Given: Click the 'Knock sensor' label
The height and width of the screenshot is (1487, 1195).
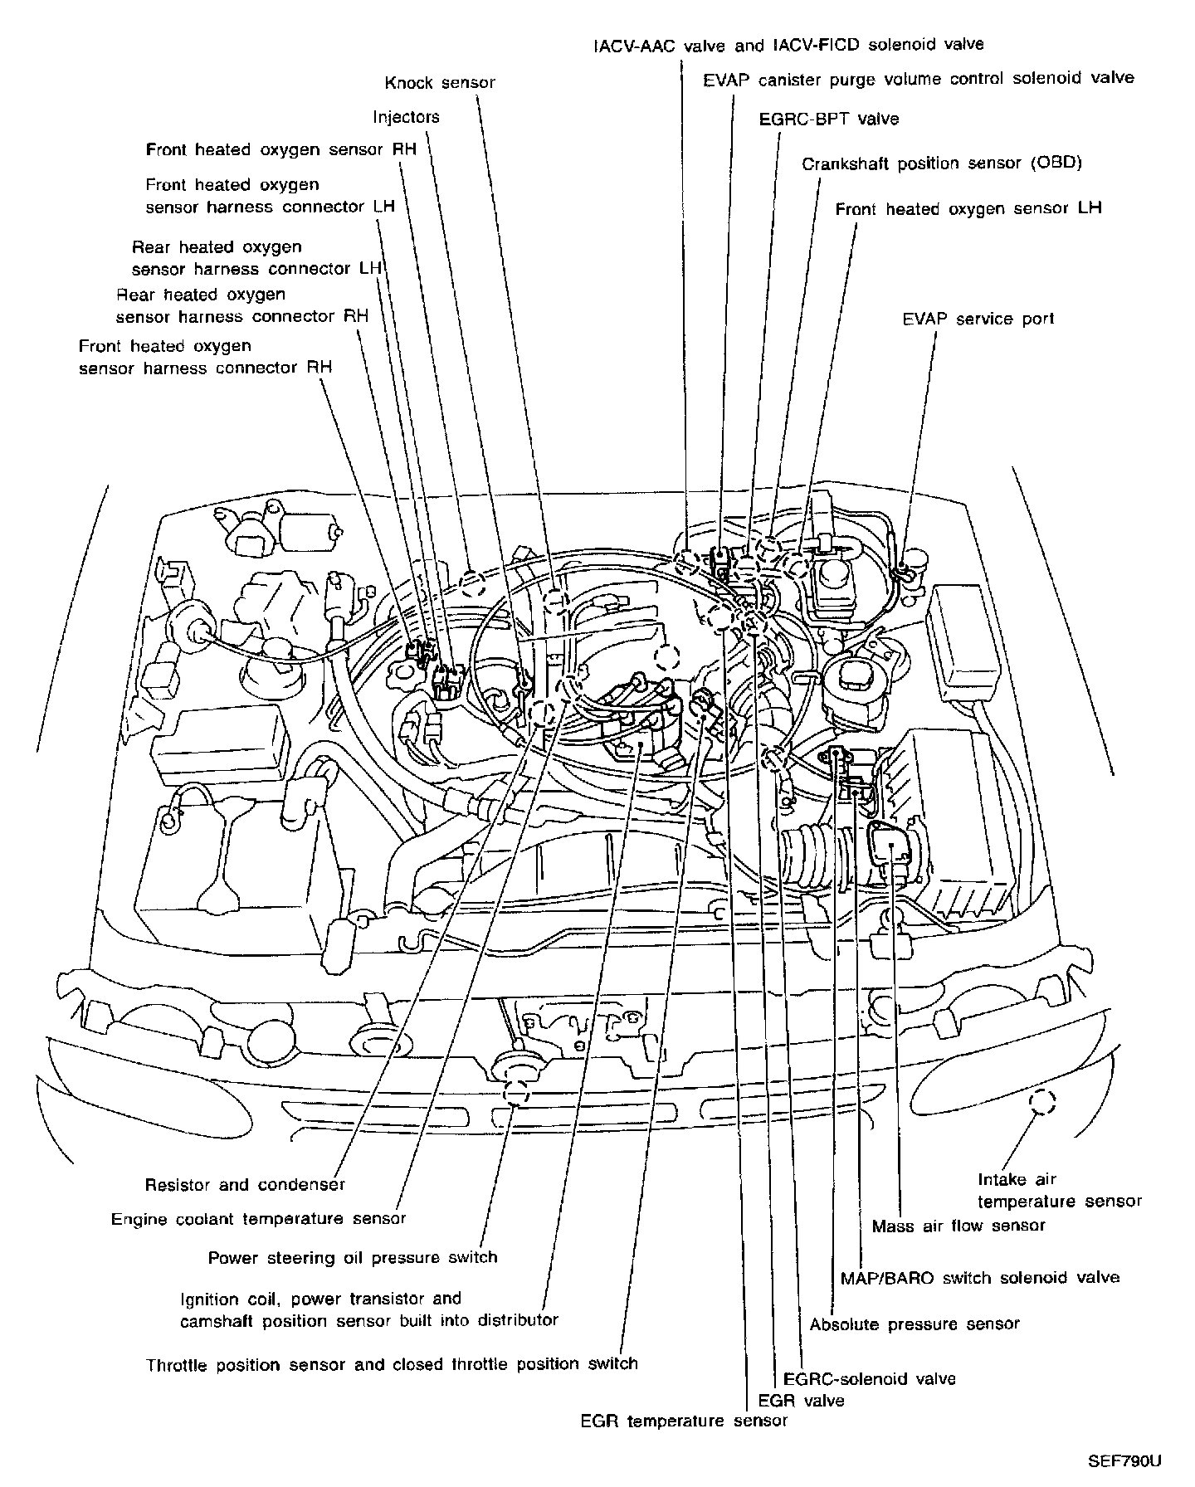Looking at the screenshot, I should pos(440,83).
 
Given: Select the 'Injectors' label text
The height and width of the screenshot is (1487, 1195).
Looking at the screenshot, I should pos(406,117).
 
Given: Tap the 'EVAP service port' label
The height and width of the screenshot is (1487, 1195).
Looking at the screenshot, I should pos(978,319).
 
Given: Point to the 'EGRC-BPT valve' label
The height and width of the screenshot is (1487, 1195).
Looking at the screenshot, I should pos(828,119).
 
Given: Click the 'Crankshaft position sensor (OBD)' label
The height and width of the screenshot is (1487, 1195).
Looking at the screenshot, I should pos(942,163).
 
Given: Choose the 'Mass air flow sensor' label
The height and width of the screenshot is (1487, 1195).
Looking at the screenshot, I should pos(958,1226).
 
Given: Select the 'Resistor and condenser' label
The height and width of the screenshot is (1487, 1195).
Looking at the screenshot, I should pos(245,1185).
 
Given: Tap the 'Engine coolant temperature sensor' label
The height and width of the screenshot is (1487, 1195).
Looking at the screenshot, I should pos(259,1219).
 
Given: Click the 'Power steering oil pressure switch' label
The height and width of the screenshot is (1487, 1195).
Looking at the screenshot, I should pos(353,1257).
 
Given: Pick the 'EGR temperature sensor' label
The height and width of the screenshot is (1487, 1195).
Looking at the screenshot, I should pos(684,1421).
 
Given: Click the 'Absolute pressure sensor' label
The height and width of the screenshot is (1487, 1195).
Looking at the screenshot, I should pos(915,1324).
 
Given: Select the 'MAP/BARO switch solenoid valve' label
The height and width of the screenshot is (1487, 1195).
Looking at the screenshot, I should pos(979,1278).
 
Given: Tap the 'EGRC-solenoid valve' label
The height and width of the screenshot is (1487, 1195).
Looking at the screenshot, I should pos(870,1379).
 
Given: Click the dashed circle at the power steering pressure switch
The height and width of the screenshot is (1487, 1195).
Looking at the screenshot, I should pos(517,1092).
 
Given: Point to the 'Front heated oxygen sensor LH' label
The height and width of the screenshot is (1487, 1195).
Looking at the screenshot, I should pos(968,208).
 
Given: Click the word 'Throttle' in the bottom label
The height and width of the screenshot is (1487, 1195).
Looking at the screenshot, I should pos(178,1364).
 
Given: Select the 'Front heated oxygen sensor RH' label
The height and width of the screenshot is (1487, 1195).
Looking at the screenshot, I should pos(280,150).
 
